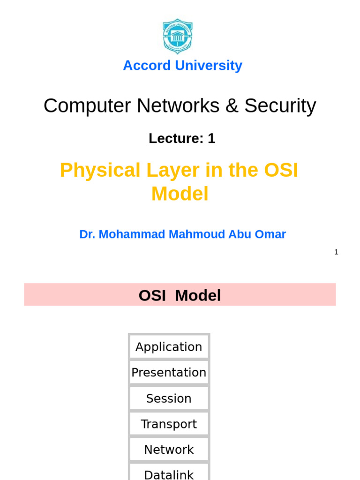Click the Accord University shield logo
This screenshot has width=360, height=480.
177,36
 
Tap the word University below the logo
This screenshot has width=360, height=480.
208,66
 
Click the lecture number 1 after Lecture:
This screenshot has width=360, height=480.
211,138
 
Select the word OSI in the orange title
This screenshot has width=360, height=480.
281,170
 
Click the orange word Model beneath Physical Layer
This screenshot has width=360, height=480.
180,194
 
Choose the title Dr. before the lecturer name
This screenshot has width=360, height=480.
87,234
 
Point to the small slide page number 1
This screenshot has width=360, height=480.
336,252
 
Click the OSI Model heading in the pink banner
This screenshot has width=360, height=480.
180,295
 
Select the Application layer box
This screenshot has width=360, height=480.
169,347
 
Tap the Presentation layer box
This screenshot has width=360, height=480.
169,373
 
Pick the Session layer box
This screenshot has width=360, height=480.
169,398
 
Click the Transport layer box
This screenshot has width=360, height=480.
169,424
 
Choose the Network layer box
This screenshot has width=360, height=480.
169,450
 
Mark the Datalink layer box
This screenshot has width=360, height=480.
169,473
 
